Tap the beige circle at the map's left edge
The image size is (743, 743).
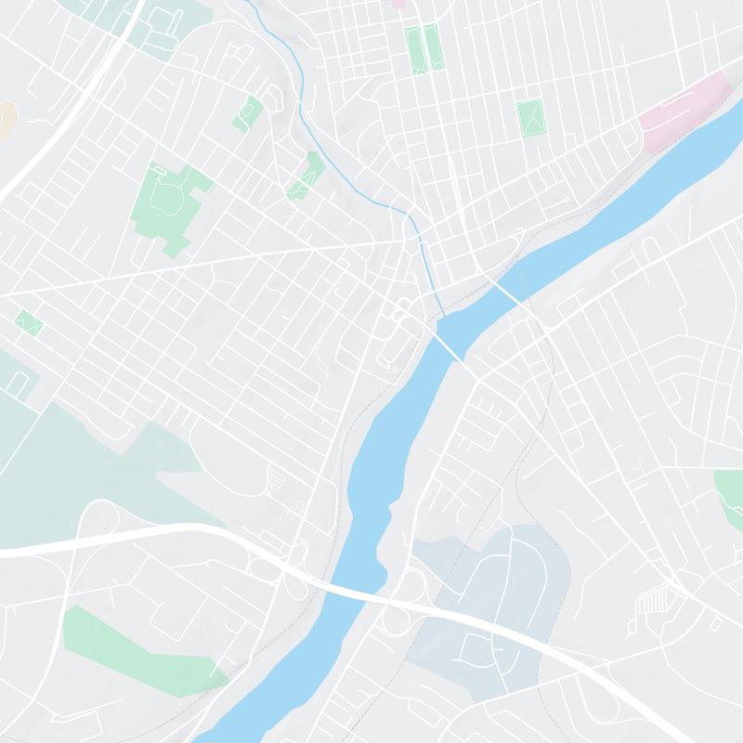(5, 119)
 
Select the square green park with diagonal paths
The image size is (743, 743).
(529, 118)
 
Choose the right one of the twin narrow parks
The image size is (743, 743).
(434, 46)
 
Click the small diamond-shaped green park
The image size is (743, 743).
(28, 323)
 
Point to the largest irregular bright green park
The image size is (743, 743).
(165, 204)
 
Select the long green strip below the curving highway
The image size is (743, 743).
(139, 650)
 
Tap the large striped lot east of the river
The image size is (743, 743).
(656, 603)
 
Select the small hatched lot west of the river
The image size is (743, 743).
(277, 479)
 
